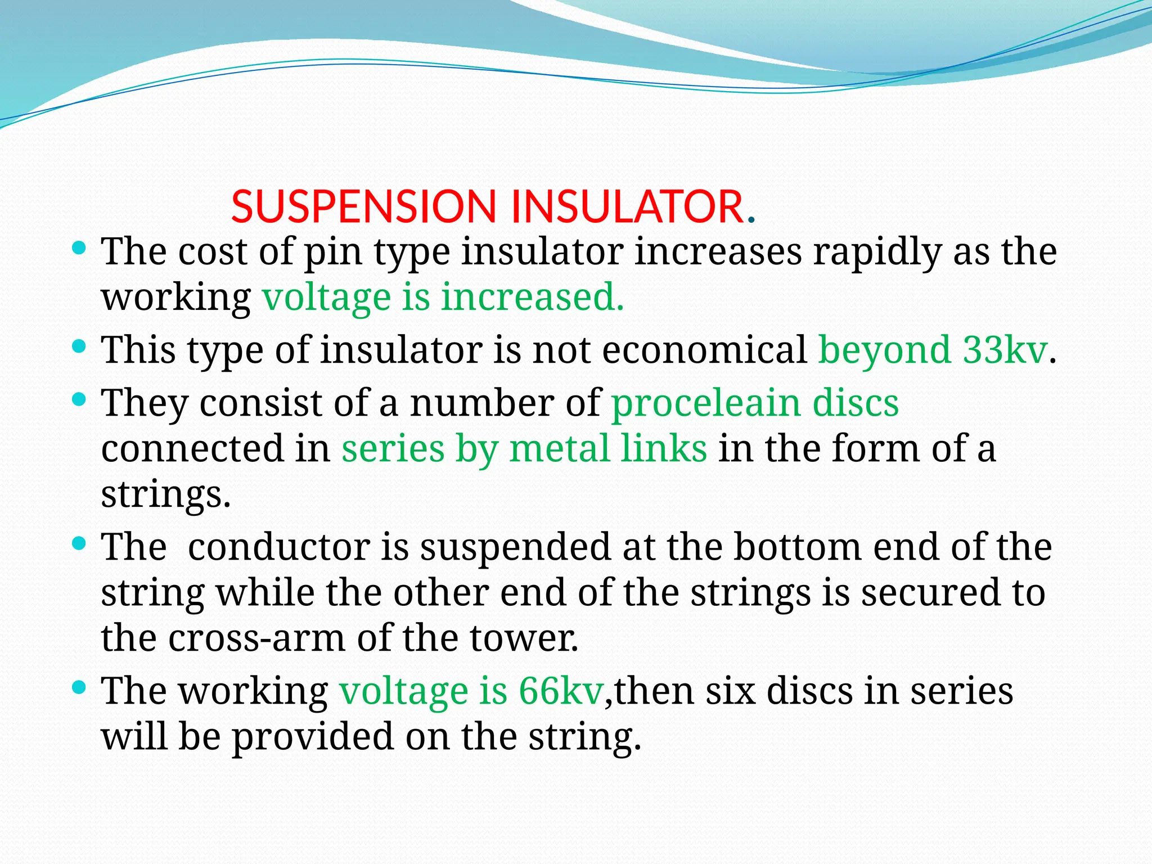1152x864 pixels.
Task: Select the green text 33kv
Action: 1005,350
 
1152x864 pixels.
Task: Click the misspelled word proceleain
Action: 705,403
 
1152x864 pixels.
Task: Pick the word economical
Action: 704,350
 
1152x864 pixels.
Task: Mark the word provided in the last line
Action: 313,737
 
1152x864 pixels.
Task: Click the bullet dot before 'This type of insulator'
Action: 79,345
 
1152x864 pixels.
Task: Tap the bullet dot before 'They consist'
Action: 79,398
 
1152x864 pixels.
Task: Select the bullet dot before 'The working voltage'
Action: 79,686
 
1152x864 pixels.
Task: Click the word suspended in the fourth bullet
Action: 515,547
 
